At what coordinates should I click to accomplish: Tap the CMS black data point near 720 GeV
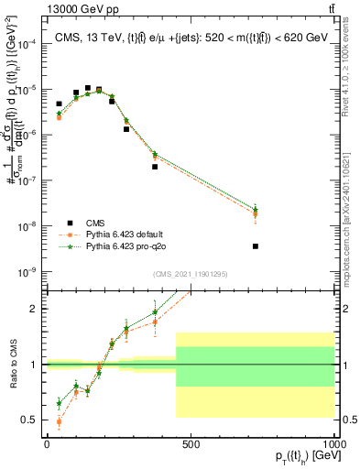[x=256, y=246]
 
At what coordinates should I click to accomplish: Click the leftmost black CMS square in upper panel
[x=60, y=104]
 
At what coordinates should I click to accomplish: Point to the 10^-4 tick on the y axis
[x=27, y=43]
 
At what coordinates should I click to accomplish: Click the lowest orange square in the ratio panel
[x=60, y=421]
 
